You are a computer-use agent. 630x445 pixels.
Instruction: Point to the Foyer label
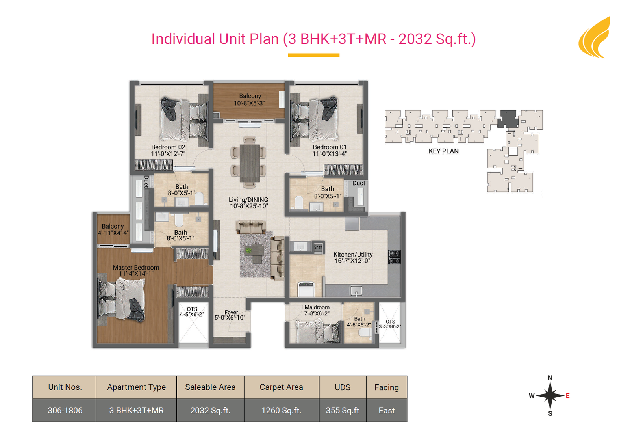(231, 312)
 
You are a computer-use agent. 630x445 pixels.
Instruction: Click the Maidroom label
(317, 307)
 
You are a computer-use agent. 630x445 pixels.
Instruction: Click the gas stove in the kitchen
(395, 257)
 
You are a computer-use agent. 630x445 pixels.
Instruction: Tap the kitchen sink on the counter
(356, 291)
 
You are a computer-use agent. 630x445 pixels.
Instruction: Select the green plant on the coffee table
(248, 250)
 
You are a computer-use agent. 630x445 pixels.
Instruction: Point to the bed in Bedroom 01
(315, 119)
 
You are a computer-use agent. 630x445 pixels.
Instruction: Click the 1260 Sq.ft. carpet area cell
(281, 410)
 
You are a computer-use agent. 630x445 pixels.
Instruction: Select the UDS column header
(343, 387)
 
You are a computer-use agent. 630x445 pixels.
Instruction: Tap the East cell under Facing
(386, 410)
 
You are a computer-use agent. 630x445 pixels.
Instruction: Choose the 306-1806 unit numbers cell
(65, 410)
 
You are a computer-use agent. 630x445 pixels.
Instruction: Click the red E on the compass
(567, 396)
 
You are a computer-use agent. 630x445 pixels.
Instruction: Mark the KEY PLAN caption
(443, 151)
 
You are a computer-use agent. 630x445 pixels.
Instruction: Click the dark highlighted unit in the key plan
(508, 119)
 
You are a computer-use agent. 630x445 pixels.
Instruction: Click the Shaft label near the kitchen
(318, 247)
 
